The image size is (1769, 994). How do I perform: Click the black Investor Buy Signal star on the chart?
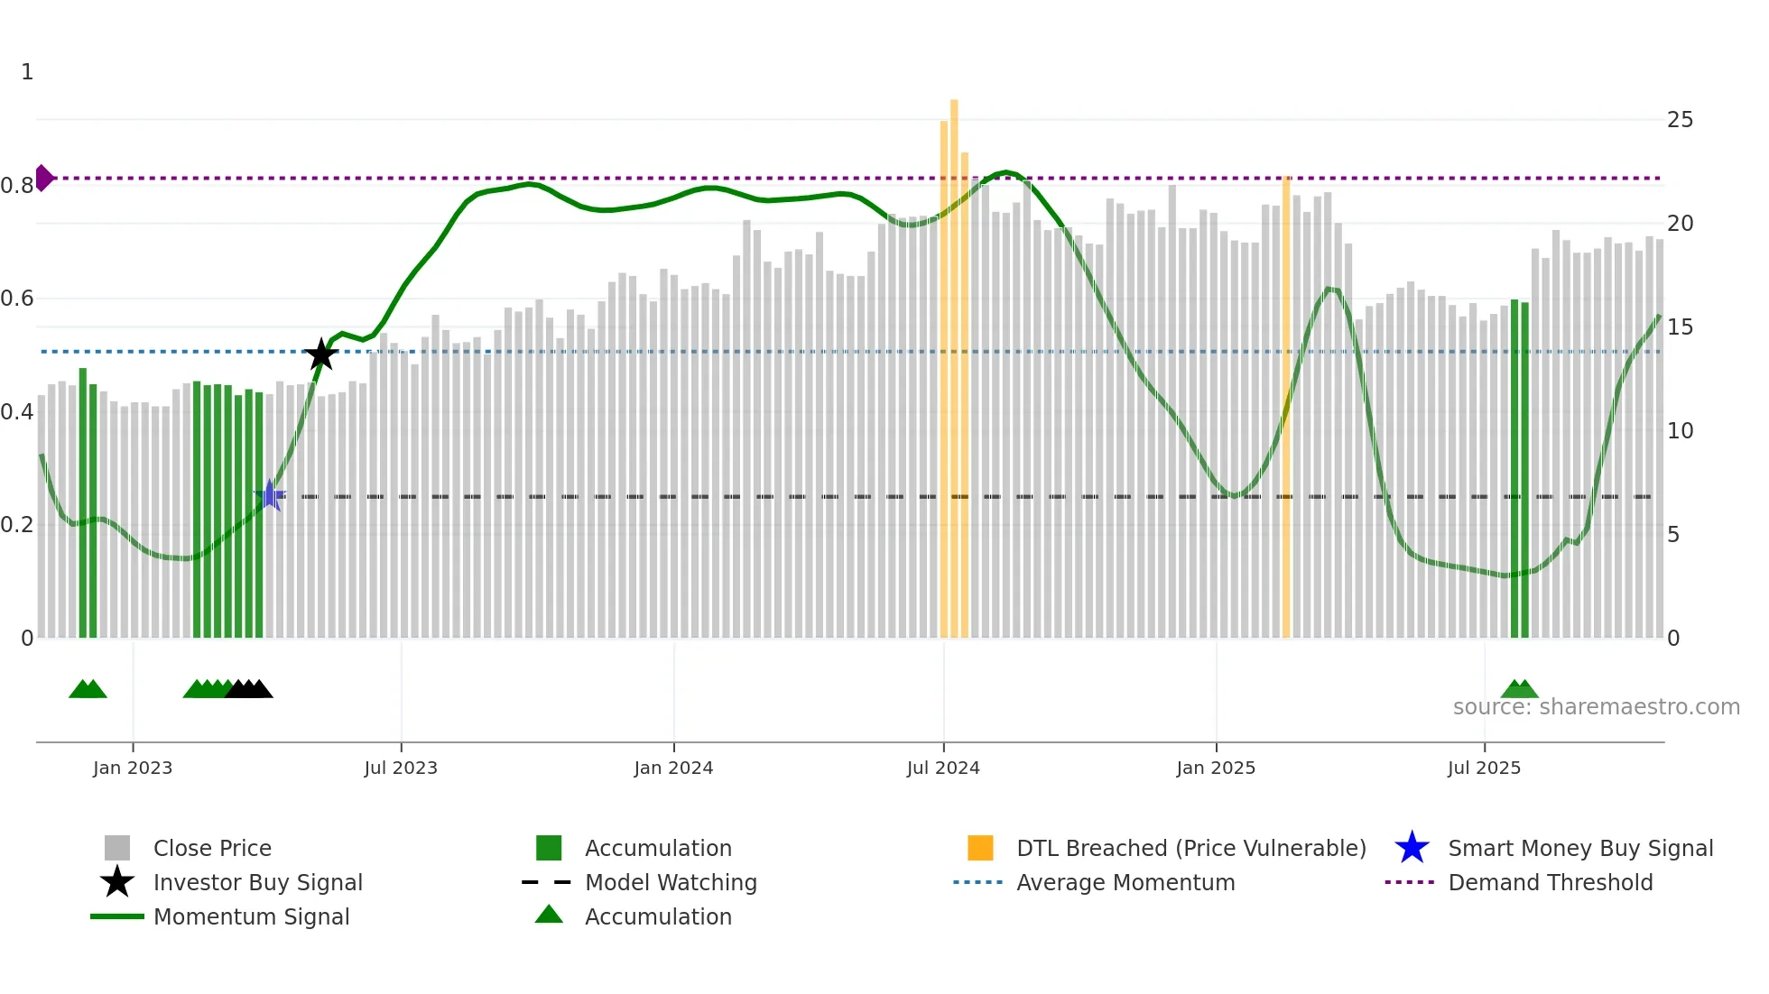coord(320,354)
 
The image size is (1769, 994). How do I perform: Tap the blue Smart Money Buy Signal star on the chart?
coord(269,495)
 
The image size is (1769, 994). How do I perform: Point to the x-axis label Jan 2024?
coord(673,768)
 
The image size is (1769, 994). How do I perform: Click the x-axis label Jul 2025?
coord(1484,768)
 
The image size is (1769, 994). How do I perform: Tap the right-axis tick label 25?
coord(1680,120)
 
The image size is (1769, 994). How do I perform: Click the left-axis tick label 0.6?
coord(17,299)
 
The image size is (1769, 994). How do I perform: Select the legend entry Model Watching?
coord(670,882)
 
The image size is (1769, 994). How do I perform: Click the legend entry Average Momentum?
coord(1125,882)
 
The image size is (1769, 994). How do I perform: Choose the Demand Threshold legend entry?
coord(1550,882)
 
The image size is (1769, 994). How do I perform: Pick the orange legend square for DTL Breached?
coord(980,848)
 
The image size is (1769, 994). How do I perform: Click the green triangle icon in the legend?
coord(549,915)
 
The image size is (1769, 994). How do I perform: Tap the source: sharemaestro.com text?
coord(1596,706)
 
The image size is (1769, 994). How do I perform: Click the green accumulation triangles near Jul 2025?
coord(1519,689)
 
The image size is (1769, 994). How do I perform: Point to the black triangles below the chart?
coord(249,689)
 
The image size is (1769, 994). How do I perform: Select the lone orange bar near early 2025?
coord(1286,406)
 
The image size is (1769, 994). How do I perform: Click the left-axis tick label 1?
coord(27,72)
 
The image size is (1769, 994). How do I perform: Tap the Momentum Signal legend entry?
coord(251,916)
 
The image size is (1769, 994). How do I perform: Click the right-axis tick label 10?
coord(1680,431)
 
